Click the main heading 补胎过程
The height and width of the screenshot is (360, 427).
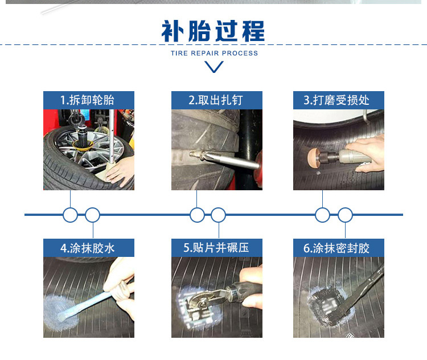pyautogui.click(x=213, y=31)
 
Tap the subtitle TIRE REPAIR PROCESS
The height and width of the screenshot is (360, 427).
pyautogui.click(x=214, y=53)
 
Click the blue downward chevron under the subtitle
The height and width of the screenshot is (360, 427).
pyautogui.click(x=214, y=67)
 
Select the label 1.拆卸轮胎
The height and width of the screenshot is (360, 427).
pyautogui.click(x=87, y=100)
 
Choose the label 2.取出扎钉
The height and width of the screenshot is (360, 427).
pyautogui.click(x=216, y=100)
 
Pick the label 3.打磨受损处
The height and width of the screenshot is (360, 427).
pyautogui.click(x=336, y=100)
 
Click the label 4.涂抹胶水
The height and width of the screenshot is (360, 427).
pyautogui.click(x=88, y=248)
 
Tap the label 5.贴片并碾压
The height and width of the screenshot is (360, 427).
pyautogui.click(x=216, y=248)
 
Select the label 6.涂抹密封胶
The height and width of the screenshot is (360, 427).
pyautogui.click(x=336, y=248)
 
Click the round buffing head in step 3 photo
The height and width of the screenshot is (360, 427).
pyautogui.click(x=313, y=157)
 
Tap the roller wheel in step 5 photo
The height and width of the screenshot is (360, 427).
pyautogui.click(x=202, y=303)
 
